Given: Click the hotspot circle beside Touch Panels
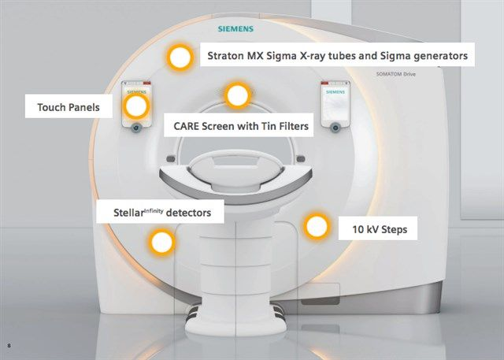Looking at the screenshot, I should (x=136, y=104).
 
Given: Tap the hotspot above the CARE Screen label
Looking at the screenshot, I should (x=237, y=95).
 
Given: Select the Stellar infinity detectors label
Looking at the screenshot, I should (x=159, y=213).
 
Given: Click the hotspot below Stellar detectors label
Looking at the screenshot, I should (x=161, y=242).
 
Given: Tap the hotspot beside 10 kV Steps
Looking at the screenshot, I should (x=317, y=226).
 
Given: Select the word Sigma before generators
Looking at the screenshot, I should (x=381, y=56).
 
